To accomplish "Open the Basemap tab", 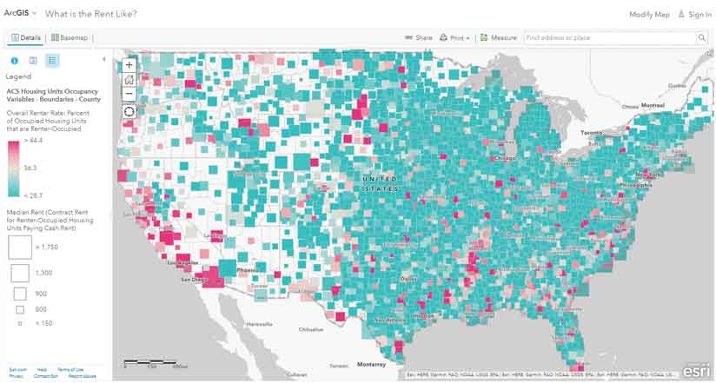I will (x=70, y=38).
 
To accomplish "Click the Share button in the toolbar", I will (x=419, y=38).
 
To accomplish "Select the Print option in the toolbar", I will (x=454, y=38).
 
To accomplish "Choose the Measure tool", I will (x=499, y=38).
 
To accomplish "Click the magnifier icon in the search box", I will (x=701, y=38).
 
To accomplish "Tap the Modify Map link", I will (x=649, y=15).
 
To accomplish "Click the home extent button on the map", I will (x=129, y=79).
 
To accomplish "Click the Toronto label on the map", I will (x=590, y=133).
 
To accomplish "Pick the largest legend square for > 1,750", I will (x=19, y=247).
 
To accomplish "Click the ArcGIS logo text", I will (x=17, y=15).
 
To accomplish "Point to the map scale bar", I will (x=157, y=362).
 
